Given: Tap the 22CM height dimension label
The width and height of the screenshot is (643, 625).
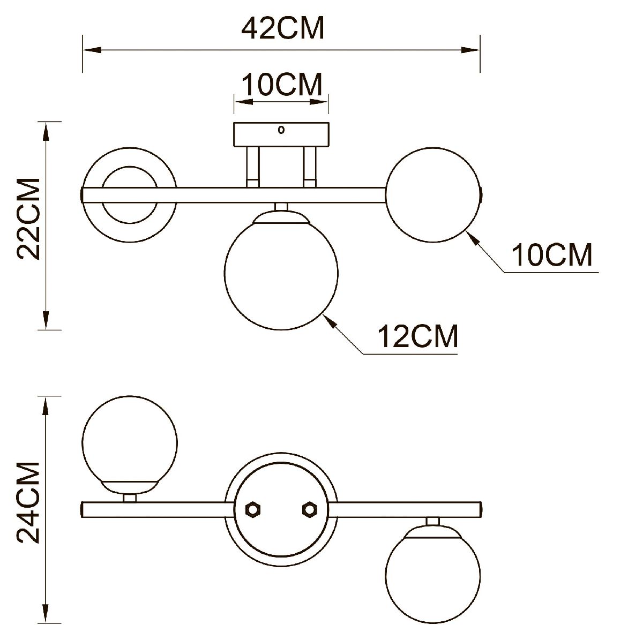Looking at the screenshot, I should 28,219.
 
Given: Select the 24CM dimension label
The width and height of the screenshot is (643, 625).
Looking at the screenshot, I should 28,502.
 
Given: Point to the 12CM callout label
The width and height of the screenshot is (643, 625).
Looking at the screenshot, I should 418,336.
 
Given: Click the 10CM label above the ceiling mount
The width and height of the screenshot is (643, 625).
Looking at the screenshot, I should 282,85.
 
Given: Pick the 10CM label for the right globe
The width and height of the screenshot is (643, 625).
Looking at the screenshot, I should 552,255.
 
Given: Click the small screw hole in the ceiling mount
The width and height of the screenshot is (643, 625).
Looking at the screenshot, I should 281,130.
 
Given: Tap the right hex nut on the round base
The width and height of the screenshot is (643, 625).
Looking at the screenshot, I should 309,509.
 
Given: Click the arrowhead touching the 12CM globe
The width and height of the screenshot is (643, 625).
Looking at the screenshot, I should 330,322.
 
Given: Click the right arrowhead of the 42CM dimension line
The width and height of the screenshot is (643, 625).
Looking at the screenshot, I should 472,50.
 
